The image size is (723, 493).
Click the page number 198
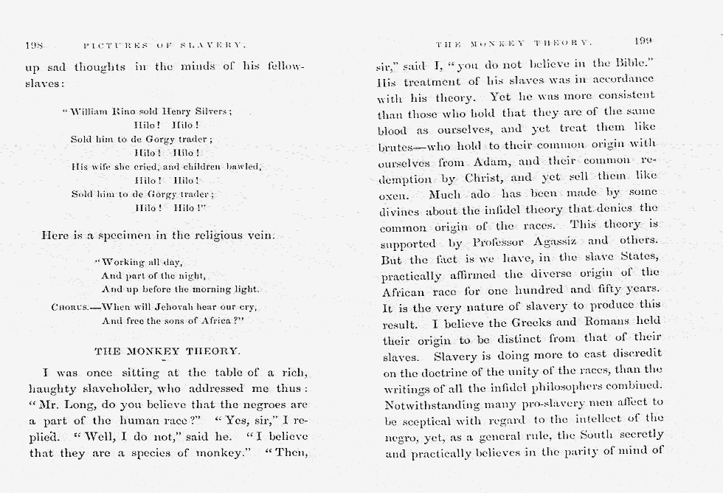tap(34, 46)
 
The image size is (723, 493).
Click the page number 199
tap(643, 41)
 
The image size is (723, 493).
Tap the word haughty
tap(54, 389)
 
